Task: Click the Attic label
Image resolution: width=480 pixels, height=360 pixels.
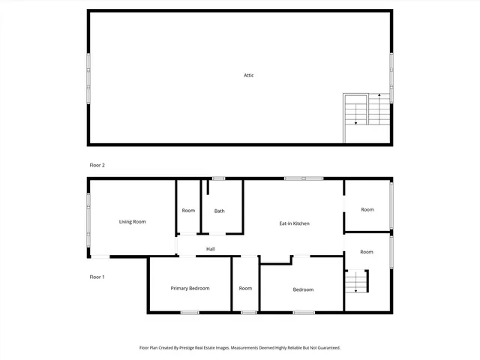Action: point(248,75)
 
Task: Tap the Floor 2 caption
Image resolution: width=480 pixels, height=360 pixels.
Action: point(97,164)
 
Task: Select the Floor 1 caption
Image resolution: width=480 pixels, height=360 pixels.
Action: point(97,277)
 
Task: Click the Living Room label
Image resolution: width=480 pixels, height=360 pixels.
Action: point(132,221)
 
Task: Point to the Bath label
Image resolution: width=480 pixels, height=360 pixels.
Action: point(219,211)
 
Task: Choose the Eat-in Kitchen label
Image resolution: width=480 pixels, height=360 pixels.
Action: point(294,223)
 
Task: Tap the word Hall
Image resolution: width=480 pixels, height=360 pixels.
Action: point(211,249)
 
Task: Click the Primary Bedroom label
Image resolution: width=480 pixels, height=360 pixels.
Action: point(190,288)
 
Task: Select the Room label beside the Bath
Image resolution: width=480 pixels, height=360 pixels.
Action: point(188,211)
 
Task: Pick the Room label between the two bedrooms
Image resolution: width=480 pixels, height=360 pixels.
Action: point(245,288)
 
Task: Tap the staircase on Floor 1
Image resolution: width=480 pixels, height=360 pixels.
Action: point(357,282)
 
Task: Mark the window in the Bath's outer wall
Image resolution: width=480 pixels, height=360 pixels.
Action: point(218,178)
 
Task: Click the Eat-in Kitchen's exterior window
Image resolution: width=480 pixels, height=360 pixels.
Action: point(303,178)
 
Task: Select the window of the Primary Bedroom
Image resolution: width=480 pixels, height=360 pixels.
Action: point(190,312)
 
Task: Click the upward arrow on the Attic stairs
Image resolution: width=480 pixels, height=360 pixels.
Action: point(379,96)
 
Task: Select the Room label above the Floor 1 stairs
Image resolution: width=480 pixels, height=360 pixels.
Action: point(366,252)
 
